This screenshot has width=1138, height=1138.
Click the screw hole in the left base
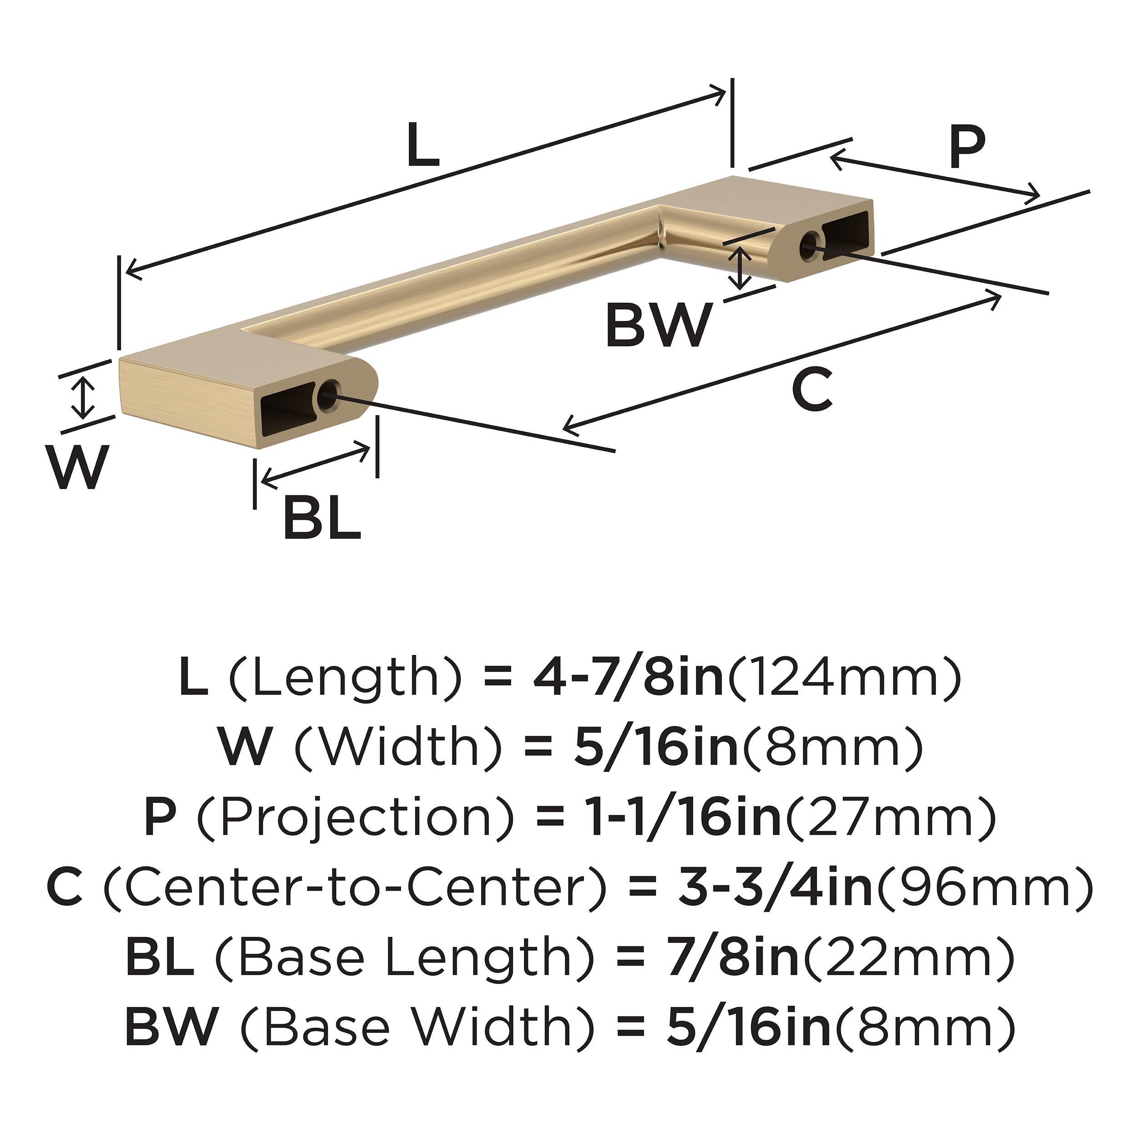point(327,396)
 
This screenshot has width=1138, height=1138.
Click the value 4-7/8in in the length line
point(628,678)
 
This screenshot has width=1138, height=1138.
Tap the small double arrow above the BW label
point(741,268)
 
